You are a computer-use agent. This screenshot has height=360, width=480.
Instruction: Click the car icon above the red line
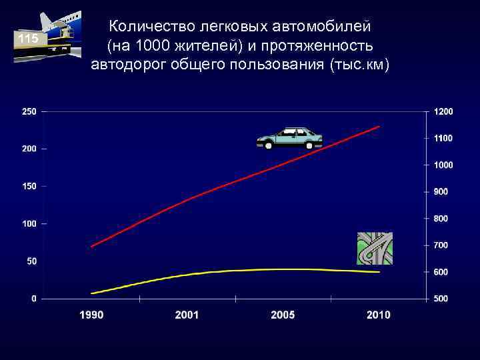(289, 138)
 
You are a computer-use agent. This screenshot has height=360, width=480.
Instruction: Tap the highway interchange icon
(375, 248)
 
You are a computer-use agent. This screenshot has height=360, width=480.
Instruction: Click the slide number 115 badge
(29, 39)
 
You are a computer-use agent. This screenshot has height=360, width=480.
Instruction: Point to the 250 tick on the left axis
(29, 111)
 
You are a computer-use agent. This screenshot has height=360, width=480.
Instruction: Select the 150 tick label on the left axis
(29, 186)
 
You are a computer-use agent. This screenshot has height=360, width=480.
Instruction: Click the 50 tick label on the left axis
(31, 261)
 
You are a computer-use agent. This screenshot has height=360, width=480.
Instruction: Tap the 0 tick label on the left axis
(33, 299)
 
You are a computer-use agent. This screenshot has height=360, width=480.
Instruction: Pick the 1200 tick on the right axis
(443, 111)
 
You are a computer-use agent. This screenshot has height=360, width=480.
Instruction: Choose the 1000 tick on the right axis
(443, 165)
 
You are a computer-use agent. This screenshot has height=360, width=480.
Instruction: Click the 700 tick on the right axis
(441, 245)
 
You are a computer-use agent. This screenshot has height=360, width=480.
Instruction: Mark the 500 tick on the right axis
(441, 299)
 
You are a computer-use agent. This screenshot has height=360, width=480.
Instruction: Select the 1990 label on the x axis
(92, 315)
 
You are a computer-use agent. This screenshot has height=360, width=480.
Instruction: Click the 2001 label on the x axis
(187, 315)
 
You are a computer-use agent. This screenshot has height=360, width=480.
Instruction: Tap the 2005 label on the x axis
(283, 315)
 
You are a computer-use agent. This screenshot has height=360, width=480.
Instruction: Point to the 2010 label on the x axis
(378, 315)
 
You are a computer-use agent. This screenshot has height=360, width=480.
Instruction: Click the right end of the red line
(379, 126)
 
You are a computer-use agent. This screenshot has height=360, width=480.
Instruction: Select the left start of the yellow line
(92, 293)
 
